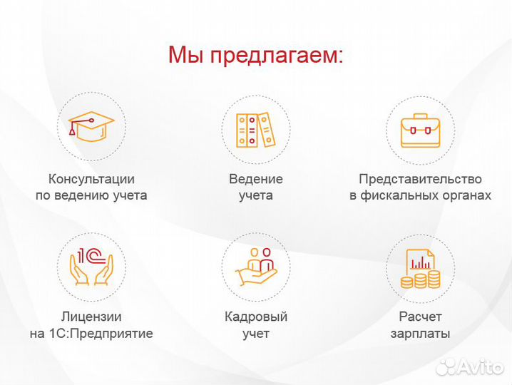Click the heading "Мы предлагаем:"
pos(255,55)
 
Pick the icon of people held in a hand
pos(255,265)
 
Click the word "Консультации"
pos(91,179)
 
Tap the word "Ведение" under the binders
pos(255,179)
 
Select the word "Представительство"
pos(420,179)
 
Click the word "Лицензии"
pos(91,317)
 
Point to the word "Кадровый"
pos(255,317)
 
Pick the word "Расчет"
pos(420,317)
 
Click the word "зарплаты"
pos(420,333)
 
